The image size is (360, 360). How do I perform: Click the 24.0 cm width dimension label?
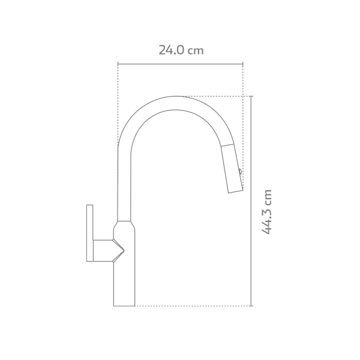tap(181, 50)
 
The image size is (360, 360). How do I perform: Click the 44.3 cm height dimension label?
tap(267, 211)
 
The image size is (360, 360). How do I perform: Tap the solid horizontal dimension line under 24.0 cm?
tap(180, 64)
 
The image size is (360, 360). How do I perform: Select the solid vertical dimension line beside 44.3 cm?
tap(251, 201)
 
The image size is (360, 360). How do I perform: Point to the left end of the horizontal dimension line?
tap(118, 64)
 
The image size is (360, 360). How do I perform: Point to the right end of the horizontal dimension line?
tap(242, 64)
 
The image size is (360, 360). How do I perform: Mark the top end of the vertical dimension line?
tap(251, 96)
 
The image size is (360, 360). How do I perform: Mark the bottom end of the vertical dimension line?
tap(251, 305)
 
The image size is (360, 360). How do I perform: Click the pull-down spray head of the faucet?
tap(232, 169)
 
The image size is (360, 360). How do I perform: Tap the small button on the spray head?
tap(240, 171)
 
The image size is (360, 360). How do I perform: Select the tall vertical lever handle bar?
tap(90, 233)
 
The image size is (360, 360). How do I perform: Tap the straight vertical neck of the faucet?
tap(124, 186)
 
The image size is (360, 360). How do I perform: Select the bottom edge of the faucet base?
tap(124, 305)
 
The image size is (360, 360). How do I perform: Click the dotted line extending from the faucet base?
tap(192, 305)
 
